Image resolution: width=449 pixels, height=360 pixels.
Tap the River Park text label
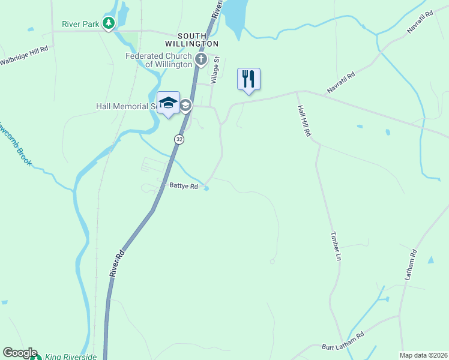pos(81,25)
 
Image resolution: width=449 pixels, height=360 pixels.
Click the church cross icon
pos(201,59)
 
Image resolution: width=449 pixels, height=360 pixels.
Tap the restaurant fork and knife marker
pos(249,79)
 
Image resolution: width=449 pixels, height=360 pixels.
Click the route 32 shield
pos(179,139)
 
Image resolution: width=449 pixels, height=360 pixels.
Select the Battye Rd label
pos(183,187)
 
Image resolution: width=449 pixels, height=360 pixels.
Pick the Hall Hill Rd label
pos(304,121)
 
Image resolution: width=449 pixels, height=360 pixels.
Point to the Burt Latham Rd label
pos(343,341)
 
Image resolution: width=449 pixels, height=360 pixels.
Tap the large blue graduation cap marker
pos(168,102)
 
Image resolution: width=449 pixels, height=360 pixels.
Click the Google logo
pos(19,353)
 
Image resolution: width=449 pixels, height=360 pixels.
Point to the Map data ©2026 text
pos(423,355)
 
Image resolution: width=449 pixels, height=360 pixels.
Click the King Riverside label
pos(70,357)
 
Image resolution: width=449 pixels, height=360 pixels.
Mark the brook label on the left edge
pos(17,145)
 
